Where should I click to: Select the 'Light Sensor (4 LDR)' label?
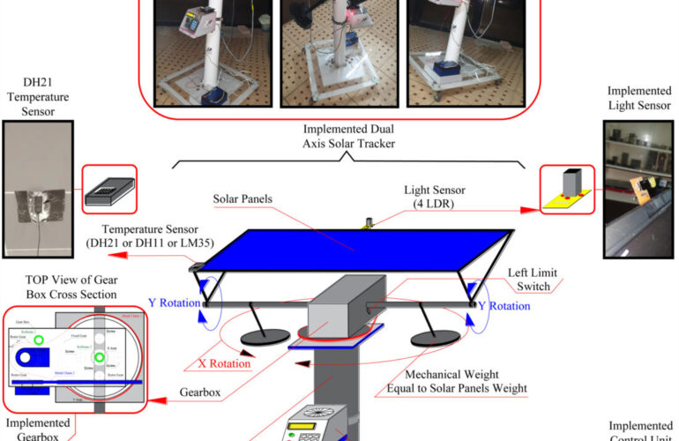[437, 198]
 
